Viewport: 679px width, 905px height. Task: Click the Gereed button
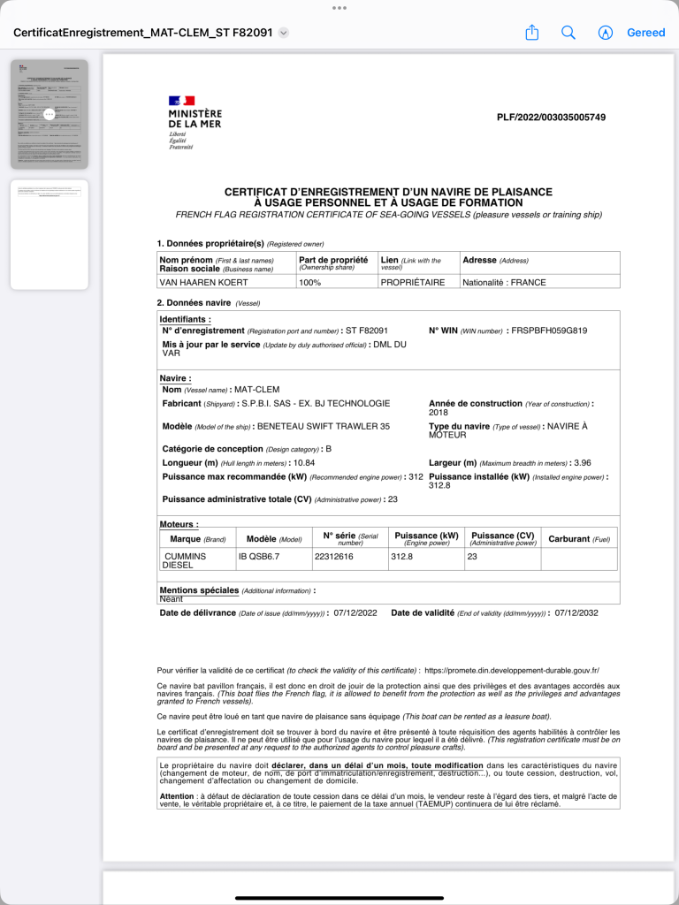(x=645, y=33)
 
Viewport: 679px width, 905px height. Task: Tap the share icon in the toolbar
(x=532, y=33)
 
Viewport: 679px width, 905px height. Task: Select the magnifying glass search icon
(x=568, y=33)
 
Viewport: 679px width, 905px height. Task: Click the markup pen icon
(x=606, y=33)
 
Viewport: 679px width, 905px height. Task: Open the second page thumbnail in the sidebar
(x=50, y=234)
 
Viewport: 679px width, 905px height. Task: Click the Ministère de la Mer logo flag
(x=181, y=101)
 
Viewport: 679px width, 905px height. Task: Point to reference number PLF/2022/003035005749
(x=551, y=118)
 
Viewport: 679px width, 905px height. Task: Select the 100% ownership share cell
(x=310, y=283)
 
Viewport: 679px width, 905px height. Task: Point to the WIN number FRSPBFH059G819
(x=549, y=331)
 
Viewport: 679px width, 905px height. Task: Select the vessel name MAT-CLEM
(x=256, y=390)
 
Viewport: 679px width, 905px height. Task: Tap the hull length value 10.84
(x=304, y=462)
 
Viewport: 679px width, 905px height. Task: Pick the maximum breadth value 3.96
(x=582, y=462)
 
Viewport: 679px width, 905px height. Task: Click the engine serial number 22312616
(x=334, y=557)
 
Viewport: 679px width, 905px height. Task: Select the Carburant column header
(x=579, y=538)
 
